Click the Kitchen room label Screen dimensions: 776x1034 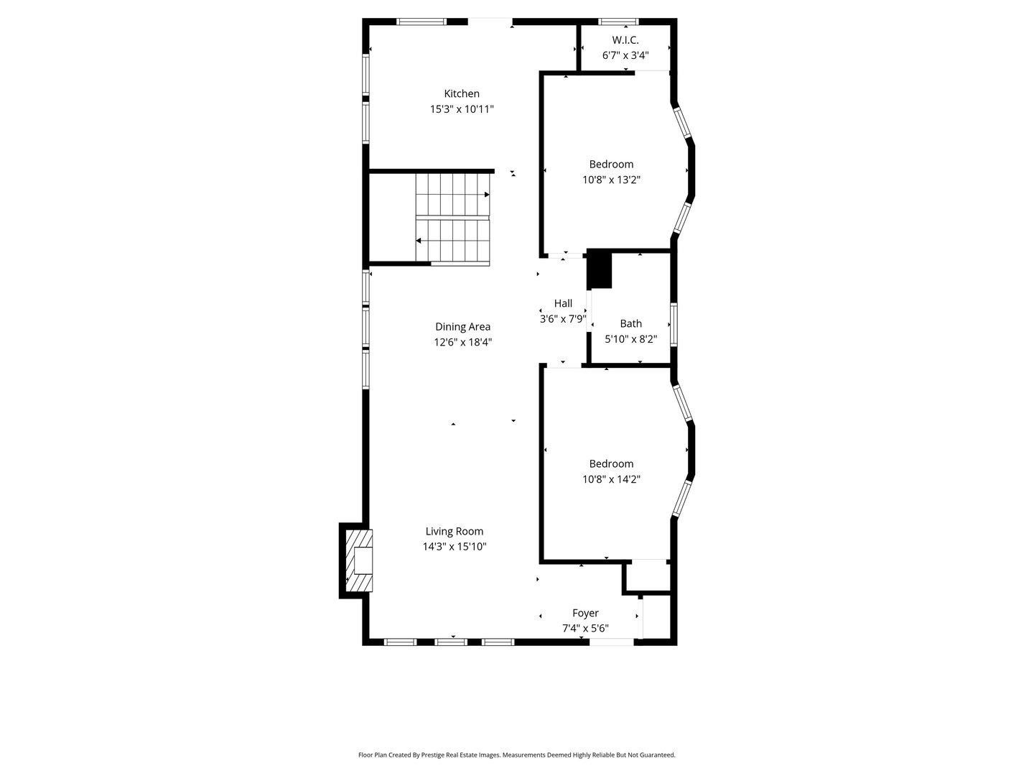click(x=462, y=93)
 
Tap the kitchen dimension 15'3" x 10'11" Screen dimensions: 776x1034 click(x=462, y=109)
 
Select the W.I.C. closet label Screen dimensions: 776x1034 click(x=625, y=40)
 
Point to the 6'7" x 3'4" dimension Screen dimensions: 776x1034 click(x=625, y=55)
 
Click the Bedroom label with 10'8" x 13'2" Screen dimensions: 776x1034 click(x=611, y=164)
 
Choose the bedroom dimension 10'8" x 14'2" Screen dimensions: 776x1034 click(x=611, y=479)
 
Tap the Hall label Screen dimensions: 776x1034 click(x=563, y=303)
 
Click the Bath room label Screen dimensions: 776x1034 click(x=630, y=323)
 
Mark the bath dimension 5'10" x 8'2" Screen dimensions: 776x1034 click(x=630, y=338)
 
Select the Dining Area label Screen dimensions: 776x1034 click(x=462, y=327)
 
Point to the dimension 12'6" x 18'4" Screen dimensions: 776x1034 click(x=462, y=342)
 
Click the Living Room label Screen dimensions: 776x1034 click(x=454, y=532)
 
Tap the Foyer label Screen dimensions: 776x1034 click(x=585, y=613)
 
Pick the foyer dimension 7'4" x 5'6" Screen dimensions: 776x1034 click(x=585, y=629)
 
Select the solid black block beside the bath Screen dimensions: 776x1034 click(x=599, y=269)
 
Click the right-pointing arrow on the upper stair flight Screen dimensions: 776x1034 click(x=486, y=195)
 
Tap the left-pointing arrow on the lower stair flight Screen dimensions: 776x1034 click(x=419, y=241)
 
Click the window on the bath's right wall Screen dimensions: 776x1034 click(x=674, y=325)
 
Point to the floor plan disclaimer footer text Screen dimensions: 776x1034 click(x=516, y=755)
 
